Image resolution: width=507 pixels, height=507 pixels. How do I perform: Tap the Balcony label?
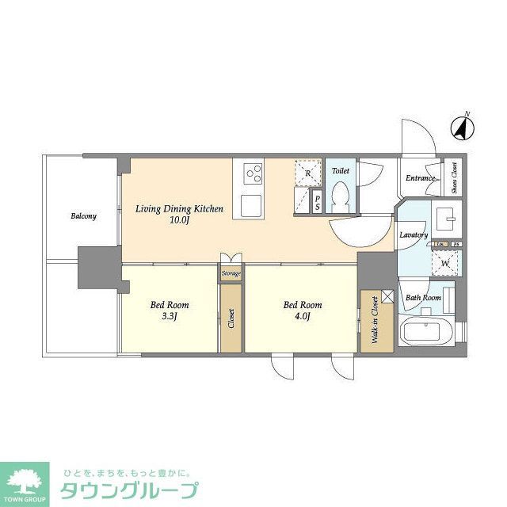click(x=83, y=216)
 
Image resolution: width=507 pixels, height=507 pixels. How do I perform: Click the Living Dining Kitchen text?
click(x=179, y=209)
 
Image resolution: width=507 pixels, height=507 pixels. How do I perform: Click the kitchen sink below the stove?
click(x=253, y=204)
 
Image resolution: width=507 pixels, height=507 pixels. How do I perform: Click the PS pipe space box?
click(x=318, y=203)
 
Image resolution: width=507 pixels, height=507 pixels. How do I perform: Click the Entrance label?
click(x=420, y=178)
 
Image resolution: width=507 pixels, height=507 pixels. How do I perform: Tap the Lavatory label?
click(x=414, y=235)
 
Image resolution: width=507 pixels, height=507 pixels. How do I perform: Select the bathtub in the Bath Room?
click(x=426, y=330)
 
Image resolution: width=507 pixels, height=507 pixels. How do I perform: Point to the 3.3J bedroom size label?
click(x=170, y=317)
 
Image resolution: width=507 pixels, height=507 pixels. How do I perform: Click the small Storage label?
click(x=231, y=273)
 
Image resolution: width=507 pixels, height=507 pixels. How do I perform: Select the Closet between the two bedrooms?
click(x=231, y=318)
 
